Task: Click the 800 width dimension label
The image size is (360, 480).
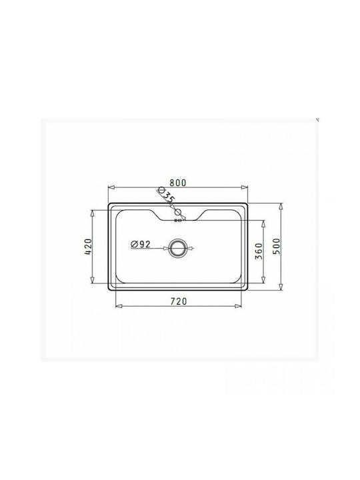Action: click(x=178, y=183)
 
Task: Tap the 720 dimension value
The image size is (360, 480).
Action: click(x=179, y=301)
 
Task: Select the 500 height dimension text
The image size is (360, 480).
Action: click(x=276, y=247)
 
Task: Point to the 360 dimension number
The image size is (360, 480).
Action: click(x=259, y=251)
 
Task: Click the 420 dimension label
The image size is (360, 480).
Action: click(x=88, y=247)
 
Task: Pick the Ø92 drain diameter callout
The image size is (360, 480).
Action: click(x=141, y=244)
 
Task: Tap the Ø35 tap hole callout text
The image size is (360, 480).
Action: click(x=166, y=195)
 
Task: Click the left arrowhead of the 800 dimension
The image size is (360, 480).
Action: click(x=111, y=187)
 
